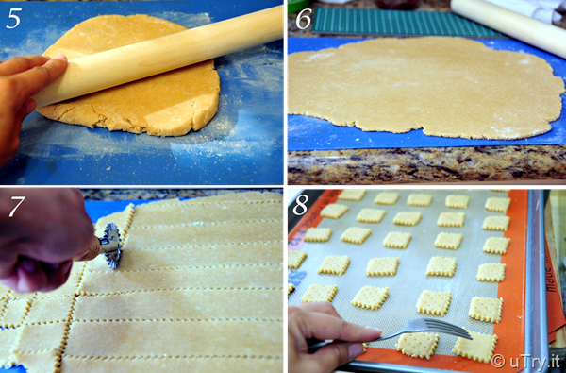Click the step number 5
tap(13, 20)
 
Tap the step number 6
tap(304, 20)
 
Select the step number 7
tap(17, 207)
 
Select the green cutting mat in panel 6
tap(405, 23)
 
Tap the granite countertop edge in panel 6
tap(426, 163)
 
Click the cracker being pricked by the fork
tap(417, 345)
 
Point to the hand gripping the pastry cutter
tap(42, 241)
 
